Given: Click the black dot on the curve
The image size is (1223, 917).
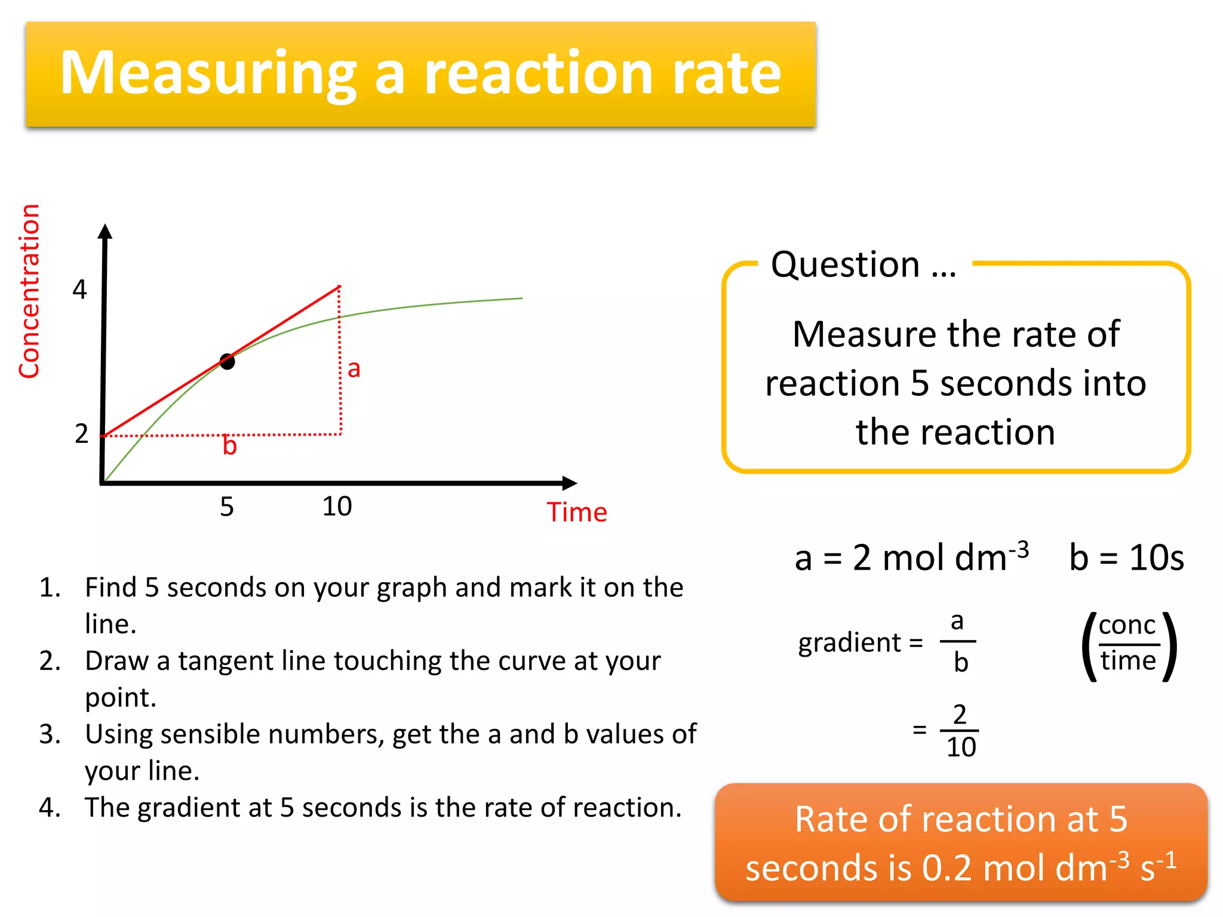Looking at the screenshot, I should (x=227, y=361).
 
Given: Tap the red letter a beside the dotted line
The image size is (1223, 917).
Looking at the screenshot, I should (x=354, y=368).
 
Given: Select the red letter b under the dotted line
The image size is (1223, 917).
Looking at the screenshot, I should (x=230, y=446).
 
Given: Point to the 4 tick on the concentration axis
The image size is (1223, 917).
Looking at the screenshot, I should (x=80, y=290).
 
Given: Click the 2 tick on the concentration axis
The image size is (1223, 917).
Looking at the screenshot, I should (x=81, y=434).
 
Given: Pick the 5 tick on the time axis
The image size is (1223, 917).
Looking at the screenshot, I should (x=227, y=507).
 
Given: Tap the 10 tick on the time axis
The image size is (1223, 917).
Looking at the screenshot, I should (x=337, y=507).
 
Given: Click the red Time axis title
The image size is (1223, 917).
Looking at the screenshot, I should (x=577, y=512).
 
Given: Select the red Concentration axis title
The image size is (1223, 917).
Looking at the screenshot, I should (x=29, y=291).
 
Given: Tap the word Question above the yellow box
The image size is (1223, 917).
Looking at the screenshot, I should (x=845, y=264).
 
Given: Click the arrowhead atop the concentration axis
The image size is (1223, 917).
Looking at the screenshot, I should (x=105, y=232).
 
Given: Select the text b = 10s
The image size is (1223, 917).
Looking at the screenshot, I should (x=1126, y=558).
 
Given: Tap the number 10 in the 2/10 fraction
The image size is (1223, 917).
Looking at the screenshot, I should (x=961, y=747).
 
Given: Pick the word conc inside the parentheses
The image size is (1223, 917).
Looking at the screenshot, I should (x=1127, y=625).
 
